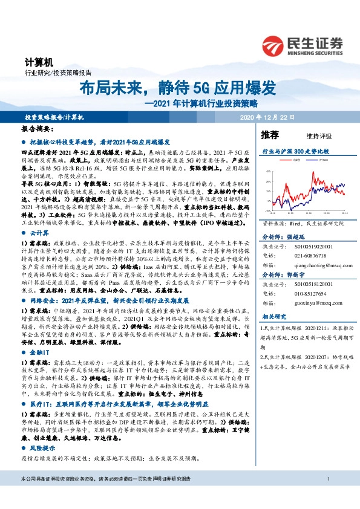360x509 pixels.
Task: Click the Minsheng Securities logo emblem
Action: pos(274,44)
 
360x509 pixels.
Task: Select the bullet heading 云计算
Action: pos(39,232)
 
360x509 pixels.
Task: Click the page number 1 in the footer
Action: pos(327,498)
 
